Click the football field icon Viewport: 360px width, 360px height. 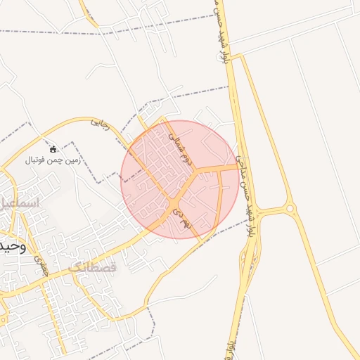click(x=53, y=149)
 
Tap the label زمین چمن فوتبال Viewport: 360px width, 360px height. click(x=54, y=160)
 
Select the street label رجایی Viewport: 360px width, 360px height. click(x=101, y=124)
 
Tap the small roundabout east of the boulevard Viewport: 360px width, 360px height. click(x=289, y=208)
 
